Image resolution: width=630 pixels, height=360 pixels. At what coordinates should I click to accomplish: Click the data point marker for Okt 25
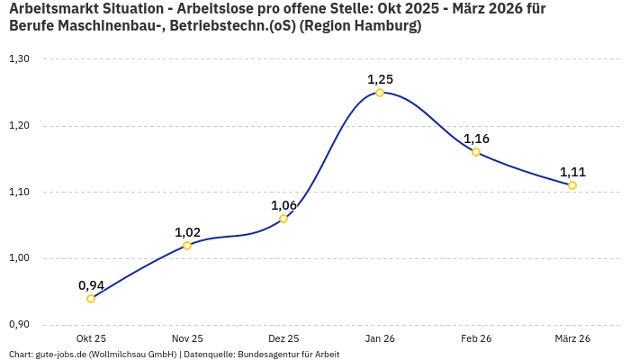click(91, 299)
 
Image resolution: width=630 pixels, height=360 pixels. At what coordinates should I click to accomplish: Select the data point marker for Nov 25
click(187, 246)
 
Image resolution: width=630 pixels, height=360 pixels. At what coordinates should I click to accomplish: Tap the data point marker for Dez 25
click(283, 219)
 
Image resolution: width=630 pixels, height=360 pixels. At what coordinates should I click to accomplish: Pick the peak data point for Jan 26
click(380, 93)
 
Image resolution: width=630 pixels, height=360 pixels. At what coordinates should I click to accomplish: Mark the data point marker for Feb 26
click(476, 152)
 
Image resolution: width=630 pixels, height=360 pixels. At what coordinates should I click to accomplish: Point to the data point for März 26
click(572, 185)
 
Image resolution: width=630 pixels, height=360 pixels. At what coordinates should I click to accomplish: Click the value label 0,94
click(91, 285)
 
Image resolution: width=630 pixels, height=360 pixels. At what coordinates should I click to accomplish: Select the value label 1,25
click(380, 79)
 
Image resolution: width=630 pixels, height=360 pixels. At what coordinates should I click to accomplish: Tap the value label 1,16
click(476, 139)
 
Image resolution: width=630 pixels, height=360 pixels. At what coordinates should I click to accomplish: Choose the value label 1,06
click(283, 205)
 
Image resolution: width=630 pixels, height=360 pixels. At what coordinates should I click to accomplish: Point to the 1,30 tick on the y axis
click(19, 59)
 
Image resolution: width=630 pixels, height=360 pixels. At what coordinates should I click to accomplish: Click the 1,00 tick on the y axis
click(19, 258)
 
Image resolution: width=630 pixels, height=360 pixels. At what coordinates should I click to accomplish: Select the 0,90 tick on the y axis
click(19, 325)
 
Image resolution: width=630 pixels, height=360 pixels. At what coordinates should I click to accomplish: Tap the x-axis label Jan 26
click(380, 338)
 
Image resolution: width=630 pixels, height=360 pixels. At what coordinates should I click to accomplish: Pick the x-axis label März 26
click(572, 338)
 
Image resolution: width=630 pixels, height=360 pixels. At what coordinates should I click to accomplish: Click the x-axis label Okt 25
click(91, 338)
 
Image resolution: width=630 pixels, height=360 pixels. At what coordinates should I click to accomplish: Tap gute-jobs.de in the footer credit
click(63, 355)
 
